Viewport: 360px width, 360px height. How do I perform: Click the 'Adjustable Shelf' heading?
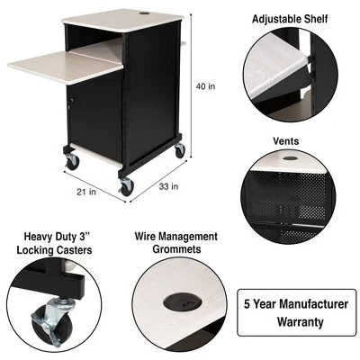point(291,17)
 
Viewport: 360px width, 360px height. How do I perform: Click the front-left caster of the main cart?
point(73,162)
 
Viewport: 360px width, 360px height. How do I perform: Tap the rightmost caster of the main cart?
point(180,150)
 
